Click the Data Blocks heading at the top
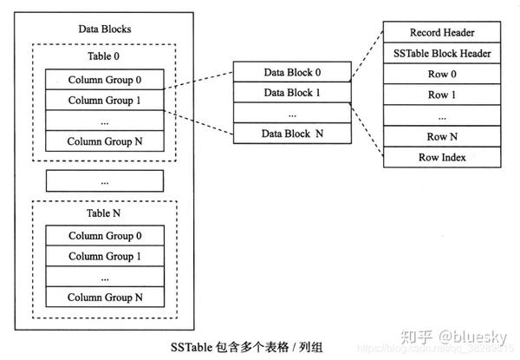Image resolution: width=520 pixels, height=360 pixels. pyautogui.click(x=104, y=29)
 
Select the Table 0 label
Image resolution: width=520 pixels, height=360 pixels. pyautogui.click(x=104, y=57)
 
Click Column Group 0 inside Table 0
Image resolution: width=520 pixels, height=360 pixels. pyautogui.click(x=104, y=80)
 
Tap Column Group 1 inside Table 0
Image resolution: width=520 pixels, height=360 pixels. pyautogui.click(x=104, y=101)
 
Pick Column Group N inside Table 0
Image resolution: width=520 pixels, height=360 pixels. pyautogui.click(x=104, y=141)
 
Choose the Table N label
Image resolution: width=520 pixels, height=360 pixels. pyautogui.click(x=104, y=213)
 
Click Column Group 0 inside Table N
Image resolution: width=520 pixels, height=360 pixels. pyautogui.click(x=104, y=236)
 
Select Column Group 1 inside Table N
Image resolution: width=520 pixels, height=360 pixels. pyautogui.click(x=104, y=257)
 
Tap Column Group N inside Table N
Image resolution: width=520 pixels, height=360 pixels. pyautogui.click(x=104, y=297)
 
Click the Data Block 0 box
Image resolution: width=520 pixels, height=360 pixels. pyautogui.click(x=292, y=72)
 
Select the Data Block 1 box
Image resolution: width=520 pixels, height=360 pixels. pyautogui.click(x=292, y=92)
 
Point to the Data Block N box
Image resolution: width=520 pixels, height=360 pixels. pyautogui.click(x=292, y=134)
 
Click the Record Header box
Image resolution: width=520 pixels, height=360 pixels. pyautogui.click(x=442, y=33)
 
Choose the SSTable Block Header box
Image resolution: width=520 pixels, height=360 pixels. pyautogui.click(x=442, y=54)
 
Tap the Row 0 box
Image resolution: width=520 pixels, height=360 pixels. pyautogui.click(x=442, y=75)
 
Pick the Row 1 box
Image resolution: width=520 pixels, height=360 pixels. pyautogui.click(x=442, y=95)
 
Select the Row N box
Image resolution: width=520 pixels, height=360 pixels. pyautogui.click(x=442, y=137)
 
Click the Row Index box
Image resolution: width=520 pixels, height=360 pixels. pyautogui.click(x=442, y=158)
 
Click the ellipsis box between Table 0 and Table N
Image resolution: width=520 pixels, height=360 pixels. pyautogui.click(x=104, y=181)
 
